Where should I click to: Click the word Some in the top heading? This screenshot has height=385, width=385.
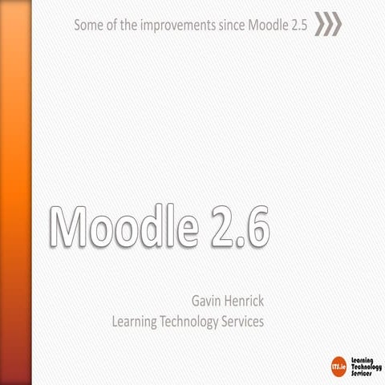[x=88, y=24]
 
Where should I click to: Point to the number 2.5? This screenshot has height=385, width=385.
[x=298, y=24]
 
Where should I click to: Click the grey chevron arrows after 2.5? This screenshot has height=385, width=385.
[x=327, y=24]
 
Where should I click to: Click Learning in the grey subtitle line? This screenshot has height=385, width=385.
[x=137, y=322]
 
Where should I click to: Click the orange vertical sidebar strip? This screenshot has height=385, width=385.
[x=15, y=192]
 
